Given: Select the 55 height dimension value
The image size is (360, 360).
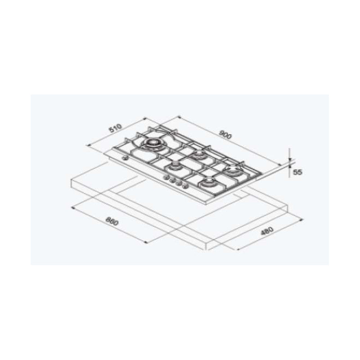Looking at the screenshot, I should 297,172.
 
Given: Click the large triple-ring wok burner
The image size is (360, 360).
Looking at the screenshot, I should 152,144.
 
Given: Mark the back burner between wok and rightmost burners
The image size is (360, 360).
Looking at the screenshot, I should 198,156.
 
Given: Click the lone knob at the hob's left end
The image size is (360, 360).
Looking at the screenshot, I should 126,158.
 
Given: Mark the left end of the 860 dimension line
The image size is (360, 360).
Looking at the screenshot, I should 72,207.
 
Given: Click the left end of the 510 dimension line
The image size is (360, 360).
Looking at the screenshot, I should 86,145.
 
